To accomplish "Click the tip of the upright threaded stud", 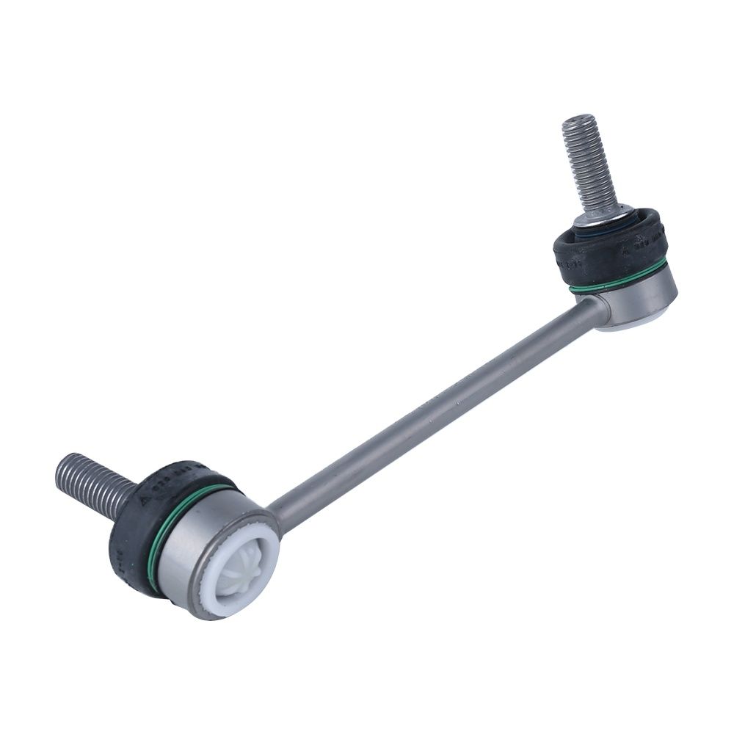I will point(578,119).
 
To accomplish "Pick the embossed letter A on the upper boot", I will point(626,250).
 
